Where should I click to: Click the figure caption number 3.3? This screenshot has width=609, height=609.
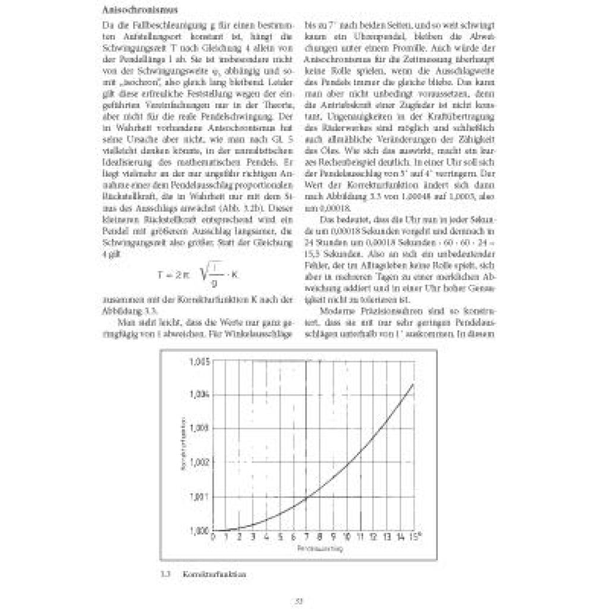(166, 575)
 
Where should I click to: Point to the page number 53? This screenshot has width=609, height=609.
(300, 601)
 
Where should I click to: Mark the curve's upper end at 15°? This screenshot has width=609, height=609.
(412, 384)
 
